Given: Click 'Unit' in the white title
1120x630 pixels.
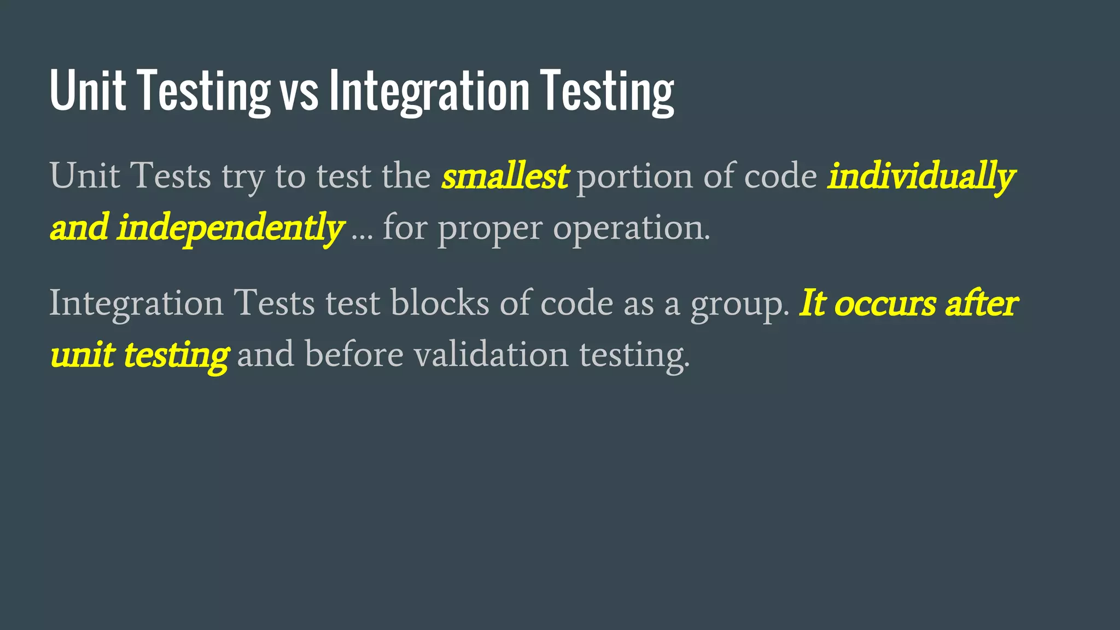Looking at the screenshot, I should tap(87, 91).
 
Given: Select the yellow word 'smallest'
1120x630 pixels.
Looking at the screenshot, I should tap(505, 177).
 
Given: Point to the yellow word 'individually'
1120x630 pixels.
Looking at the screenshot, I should tap(921, 177).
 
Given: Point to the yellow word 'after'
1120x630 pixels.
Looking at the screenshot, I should tap(981, 303).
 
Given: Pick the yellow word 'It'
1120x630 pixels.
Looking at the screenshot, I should tap(813, 303).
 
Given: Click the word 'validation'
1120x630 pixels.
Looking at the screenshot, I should tap(491, 354).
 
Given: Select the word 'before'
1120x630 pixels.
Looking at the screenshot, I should tap(354, 354).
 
